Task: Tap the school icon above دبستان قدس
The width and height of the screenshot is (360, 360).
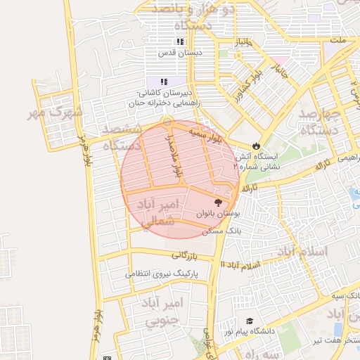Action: tap(180, 41)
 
